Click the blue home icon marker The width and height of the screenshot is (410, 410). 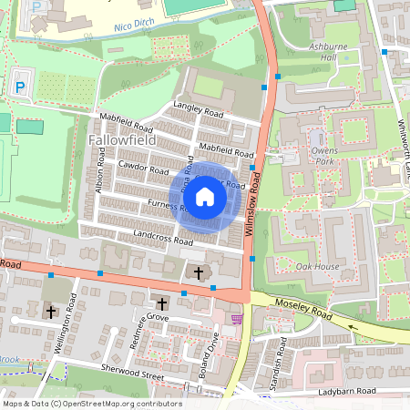[x=205, y=196]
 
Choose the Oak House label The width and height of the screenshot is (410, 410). [x=317, y=266]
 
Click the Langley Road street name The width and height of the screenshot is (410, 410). [x=198, y=108]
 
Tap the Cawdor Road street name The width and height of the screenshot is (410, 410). [x=144, y=169]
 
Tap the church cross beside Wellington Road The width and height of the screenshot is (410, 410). [x=51, y=312]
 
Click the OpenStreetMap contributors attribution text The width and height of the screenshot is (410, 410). [x=91, y=404]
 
